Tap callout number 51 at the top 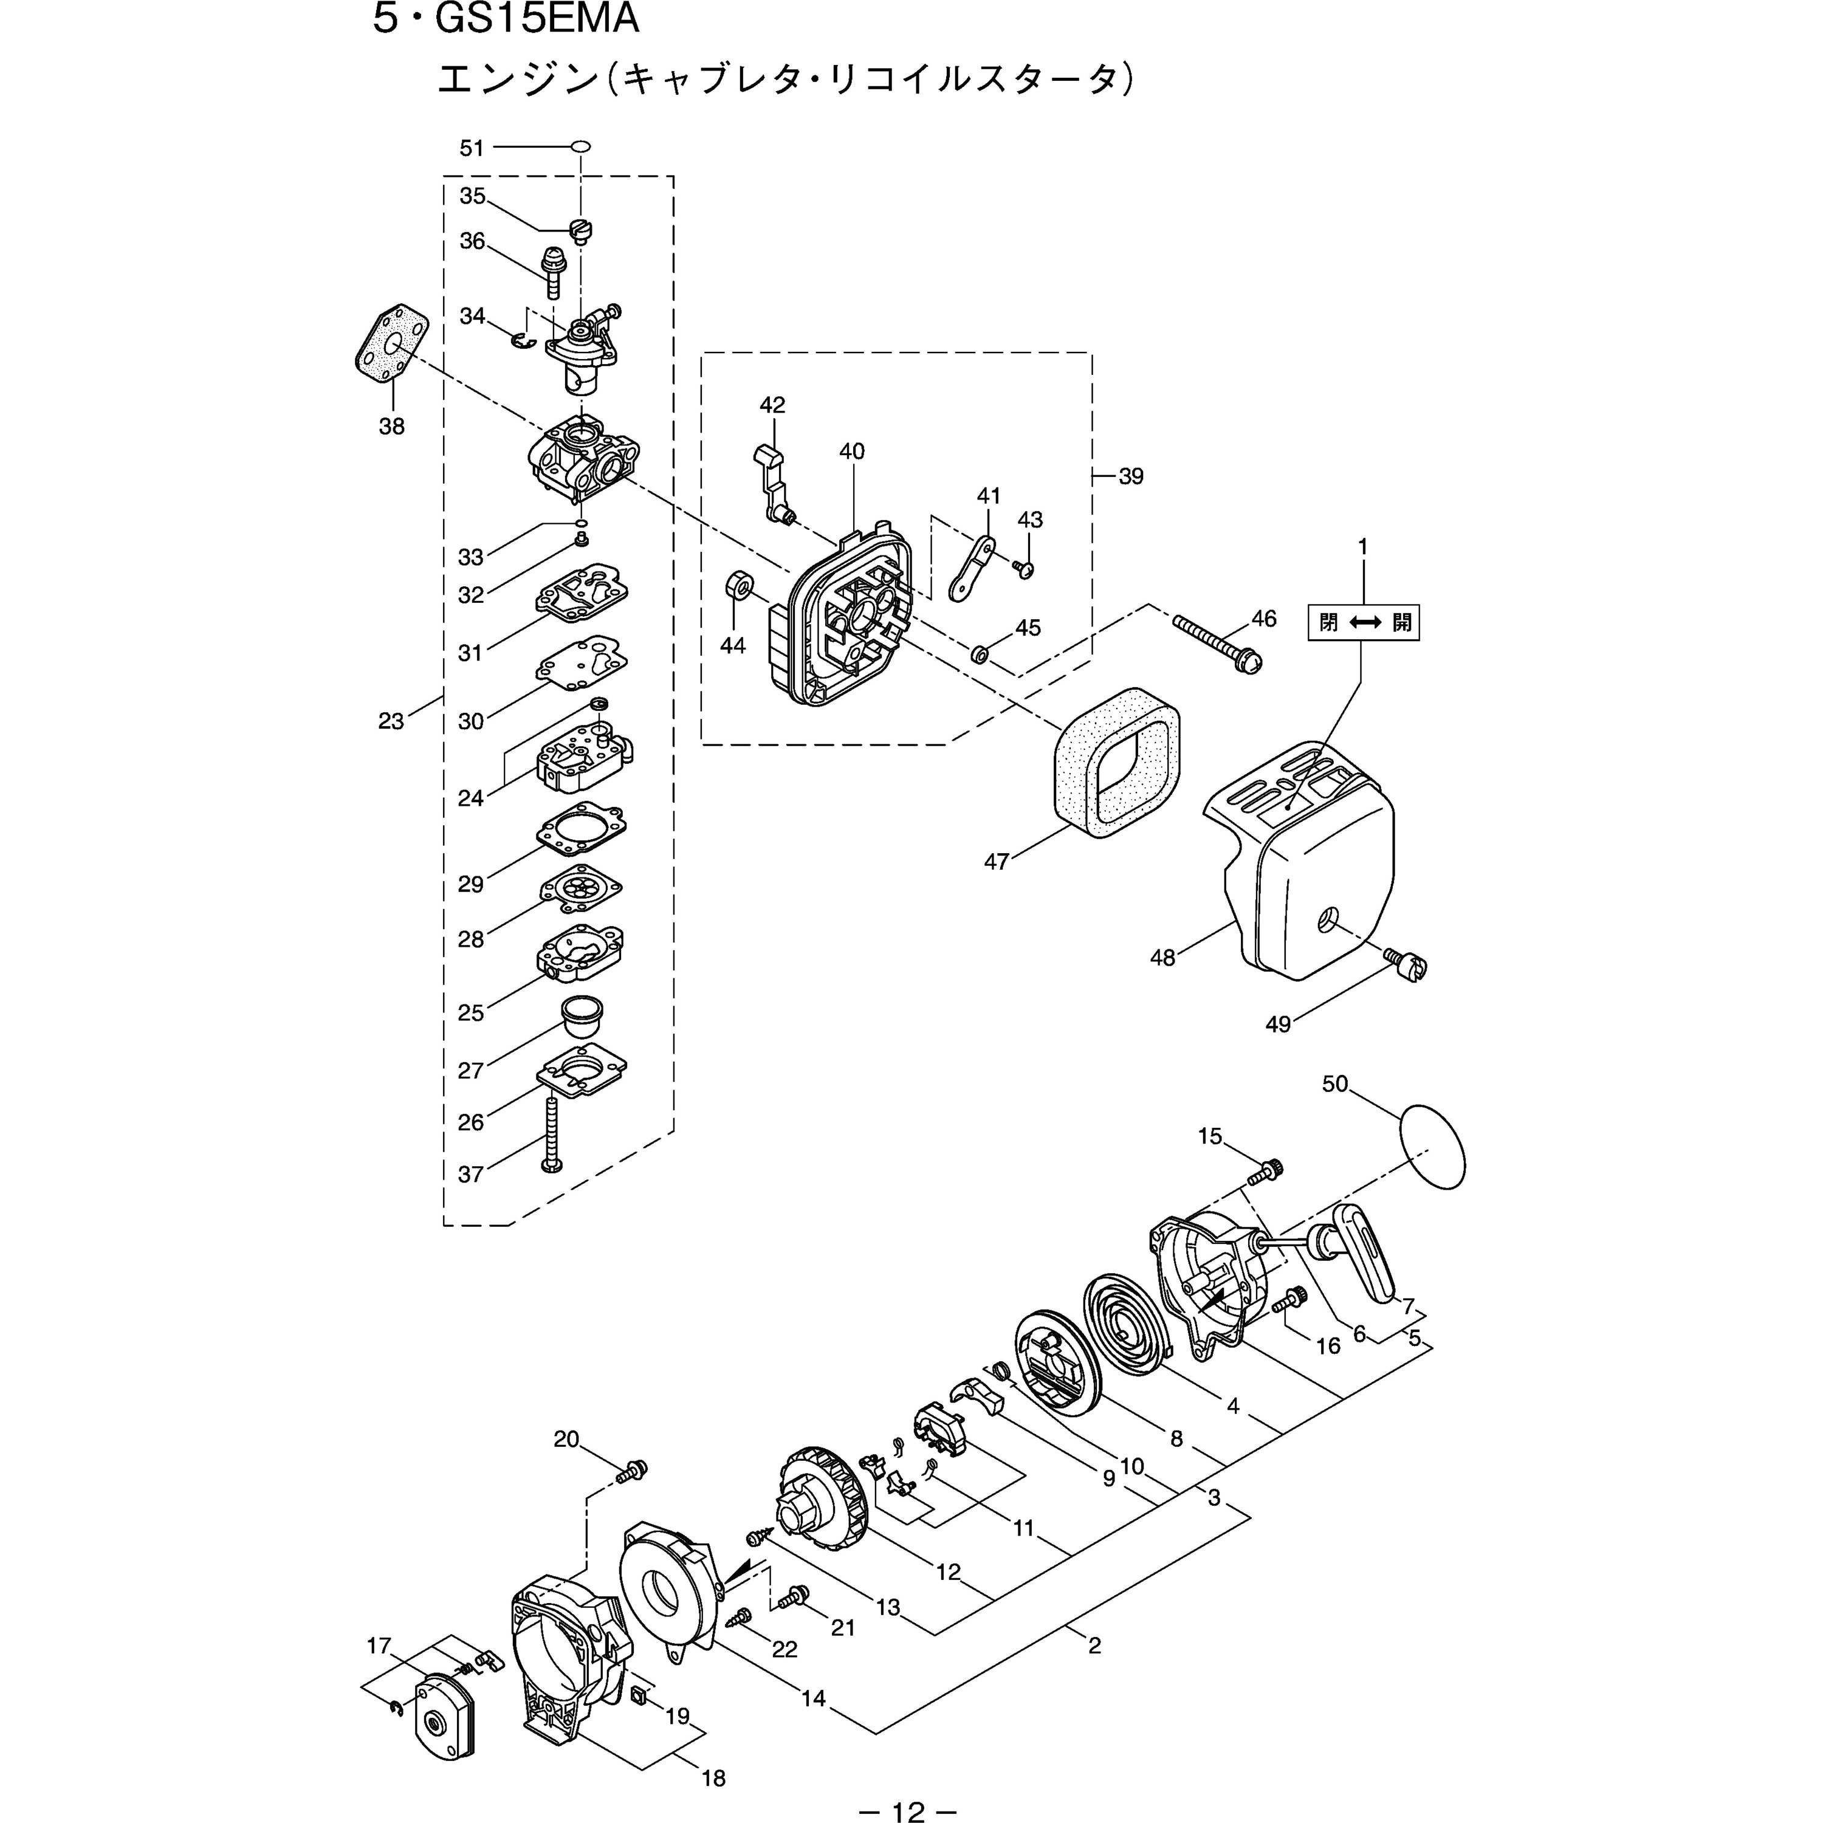[471, 148]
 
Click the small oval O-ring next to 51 [582, 146]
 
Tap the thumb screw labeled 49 [1408, 966]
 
